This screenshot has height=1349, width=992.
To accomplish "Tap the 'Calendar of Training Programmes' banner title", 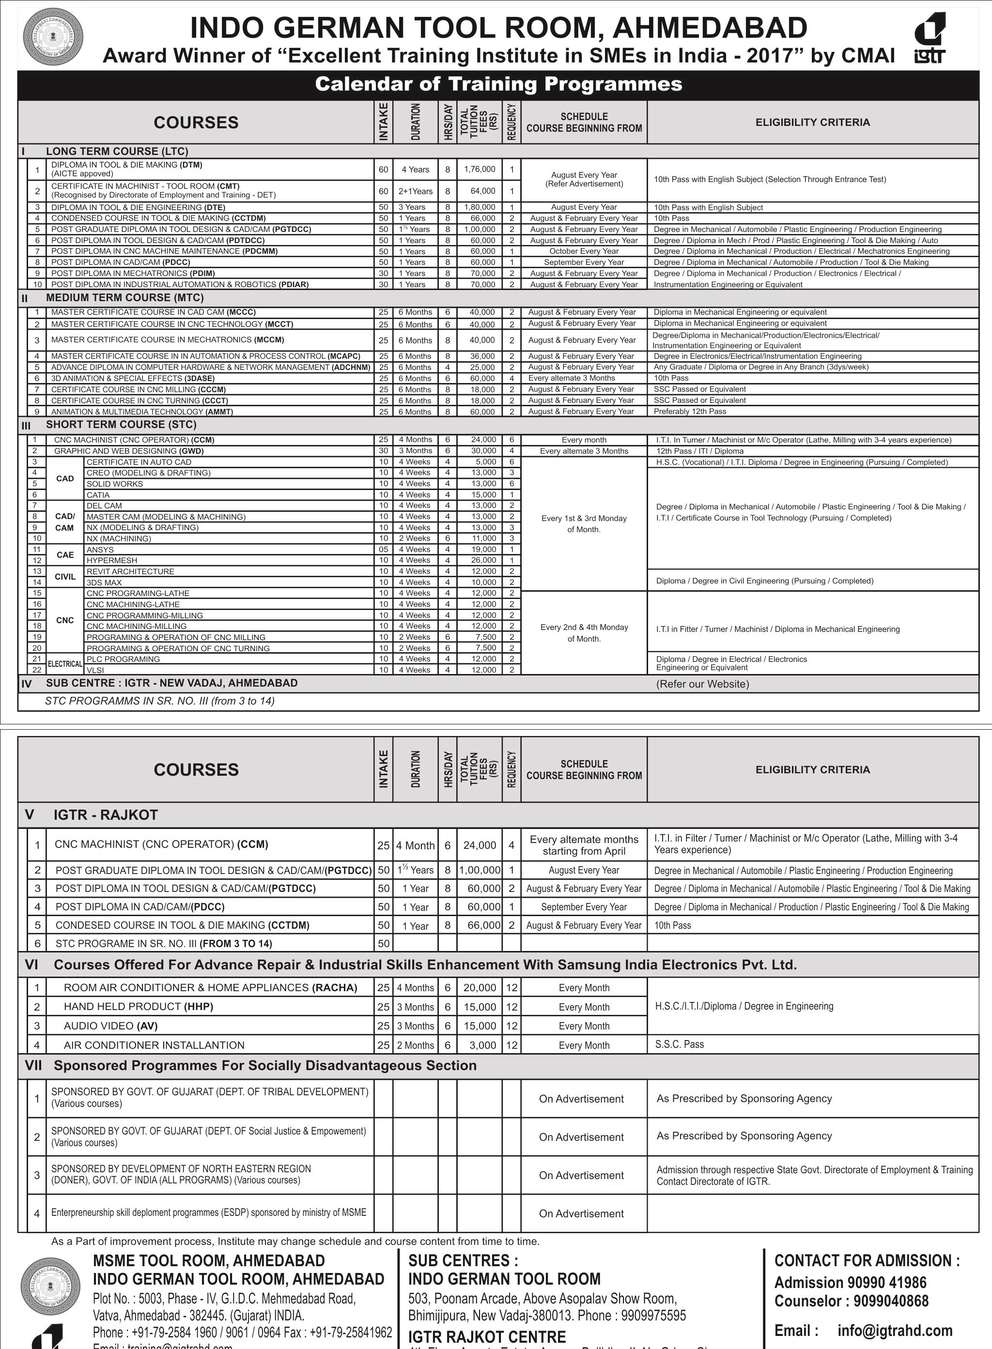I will (498, 84).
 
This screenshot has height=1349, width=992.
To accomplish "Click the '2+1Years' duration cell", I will (415, 191).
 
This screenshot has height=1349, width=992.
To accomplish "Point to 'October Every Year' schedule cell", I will (584, 251).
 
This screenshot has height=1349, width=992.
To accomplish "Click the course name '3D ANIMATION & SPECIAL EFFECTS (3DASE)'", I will (133, 378).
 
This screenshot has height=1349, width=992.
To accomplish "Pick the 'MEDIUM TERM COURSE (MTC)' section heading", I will (125, 298).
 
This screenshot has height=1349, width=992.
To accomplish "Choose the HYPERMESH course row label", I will (112, 560).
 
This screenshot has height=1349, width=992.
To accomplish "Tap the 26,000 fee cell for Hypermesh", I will (483, 560).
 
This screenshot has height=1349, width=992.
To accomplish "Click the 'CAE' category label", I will (65, 555).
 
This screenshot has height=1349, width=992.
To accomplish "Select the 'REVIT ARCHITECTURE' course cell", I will (130, 571).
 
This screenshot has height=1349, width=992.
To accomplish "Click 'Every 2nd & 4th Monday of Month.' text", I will (584, 633).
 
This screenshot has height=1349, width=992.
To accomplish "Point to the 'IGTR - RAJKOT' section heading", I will (106, 815).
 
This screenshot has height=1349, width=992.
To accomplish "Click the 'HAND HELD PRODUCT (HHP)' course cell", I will (138, 1007).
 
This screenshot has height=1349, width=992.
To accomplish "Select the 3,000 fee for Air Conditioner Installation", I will (482, 1045).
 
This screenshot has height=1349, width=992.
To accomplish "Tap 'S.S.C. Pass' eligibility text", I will (679, 1044).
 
